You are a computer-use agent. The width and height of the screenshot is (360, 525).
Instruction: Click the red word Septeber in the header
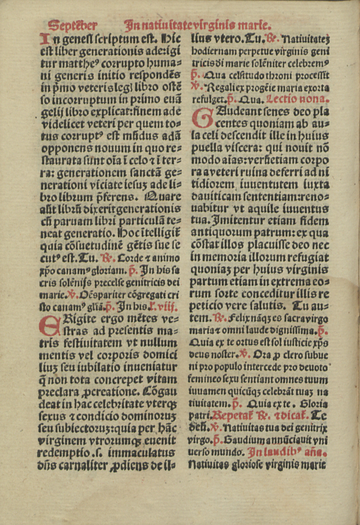click(x=73, y=25)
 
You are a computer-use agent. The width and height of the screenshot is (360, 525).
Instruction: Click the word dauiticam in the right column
click(x=213, y=197)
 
